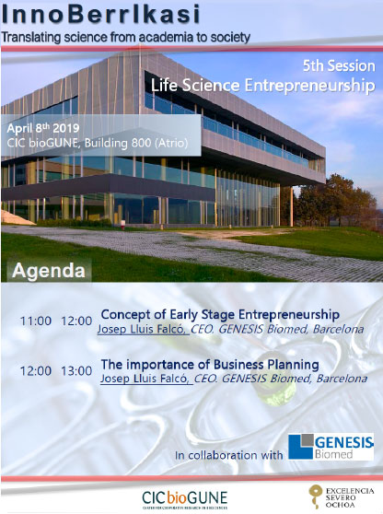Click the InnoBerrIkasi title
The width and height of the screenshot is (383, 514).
pyautogui.click(x=100, y=15)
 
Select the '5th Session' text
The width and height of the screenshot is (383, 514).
pyautogui.click(x=339, y=66)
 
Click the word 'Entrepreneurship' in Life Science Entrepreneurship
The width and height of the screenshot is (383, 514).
pyautogui.click(x=309, y=86)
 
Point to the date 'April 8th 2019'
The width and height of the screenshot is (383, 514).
pyautogui.click(x=43, y=128)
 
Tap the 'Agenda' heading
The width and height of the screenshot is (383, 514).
pyautogui.click(x=49, y=271)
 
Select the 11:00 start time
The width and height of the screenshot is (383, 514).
pyautogui.click(x=36, y=321)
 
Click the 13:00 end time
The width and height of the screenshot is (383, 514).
pyautogui.click(x=76, y=371)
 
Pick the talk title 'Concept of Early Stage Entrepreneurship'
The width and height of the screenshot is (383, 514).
pyautogui.click(x=220, y=315)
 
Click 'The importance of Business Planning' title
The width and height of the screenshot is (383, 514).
pyautogui.click(x=210, y=365)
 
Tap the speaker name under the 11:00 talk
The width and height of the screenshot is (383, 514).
pyautogui.click(x=142, y=329)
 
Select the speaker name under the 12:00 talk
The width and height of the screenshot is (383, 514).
pyautogui.click(x=145, y=379)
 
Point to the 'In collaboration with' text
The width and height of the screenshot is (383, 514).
pyautogui.click(x=228, y=455)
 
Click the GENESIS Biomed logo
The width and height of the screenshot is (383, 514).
pyautogui.click(x=331, y=447)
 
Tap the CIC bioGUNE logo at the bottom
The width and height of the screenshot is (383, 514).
pyautogui.click(x=184, y=499)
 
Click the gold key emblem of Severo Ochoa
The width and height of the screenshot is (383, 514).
pyautogui.click(x=315, y=496)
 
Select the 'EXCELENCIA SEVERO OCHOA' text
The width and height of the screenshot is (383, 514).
pyautogui.click(x=350, y=497)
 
